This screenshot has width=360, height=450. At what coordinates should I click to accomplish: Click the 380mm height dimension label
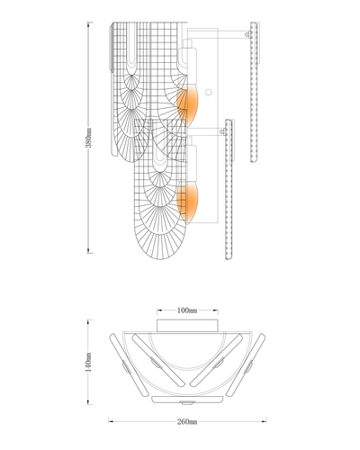[x=88, y=138]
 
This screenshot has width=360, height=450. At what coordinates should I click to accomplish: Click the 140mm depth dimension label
[x=88, y=362]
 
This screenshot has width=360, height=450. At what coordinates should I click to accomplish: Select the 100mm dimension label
[x=187, y=310]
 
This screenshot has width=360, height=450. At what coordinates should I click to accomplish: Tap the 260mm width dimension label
[x=187, y=421]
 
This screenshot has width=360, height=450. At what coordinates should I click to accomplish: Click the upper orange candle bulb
[x=187, y=104]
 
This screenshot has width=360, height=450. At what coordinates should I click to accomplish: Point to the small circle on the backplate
[x=208, y=92]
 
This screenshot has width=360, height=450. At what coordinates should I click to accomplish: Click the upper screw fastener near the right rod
[x=247, y=34]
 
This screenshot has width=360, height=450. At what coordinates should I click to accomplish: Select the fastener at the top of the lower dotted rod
[x=222, y=131]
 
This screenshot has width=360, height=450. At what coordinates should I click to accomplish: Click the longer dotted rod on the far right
[x=254, y=92]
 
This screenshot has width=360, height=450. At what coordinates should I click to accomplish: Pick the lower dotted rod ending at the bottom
[x=229, y=189]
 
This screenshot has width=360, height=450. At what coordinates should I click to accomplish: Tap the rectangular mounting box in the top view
[x=187, y=326]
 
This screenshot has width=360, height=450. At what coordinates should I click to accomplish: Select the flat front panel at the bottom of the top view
[x=187, y=400]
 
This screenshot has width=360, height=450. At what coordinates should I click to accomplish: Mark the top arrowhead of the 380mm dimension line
[x=88, y=23]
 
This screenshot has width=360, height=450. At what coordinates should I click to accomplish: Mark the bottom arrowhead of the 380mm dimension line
[x=88, y=252]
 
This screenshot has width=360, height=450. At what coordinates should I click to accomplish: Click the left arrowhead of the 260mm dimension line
[x=110, y=421]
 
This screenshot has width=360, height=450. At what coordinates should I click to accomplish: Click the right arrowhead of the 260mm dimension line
[x=265, y=421]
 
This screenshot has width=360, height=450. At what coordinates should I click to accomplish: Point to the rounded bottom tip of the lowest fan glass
[x=160, y=259]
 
